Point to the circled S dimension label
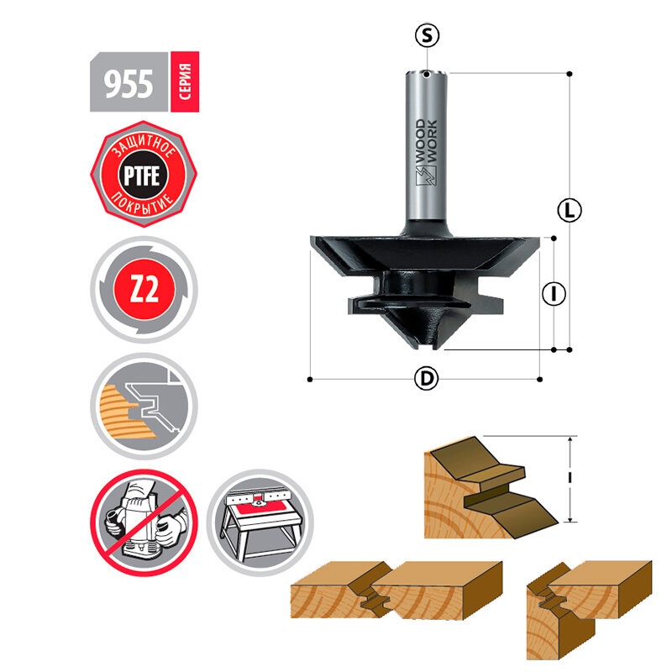pyautogui.click(x=428, y=34)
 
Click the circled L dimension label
pyautogui.click(x=570, y=210)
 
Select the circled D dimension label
pyautogui.click(x=427, y=380)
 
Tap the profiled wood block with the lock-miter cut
pyautogui.click(x=487, y=491)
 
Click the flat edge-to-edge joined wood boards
pyautogui.click(x=395, y=592)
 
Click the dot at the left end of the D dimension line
pyautogui.click(x=310, y=380)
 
